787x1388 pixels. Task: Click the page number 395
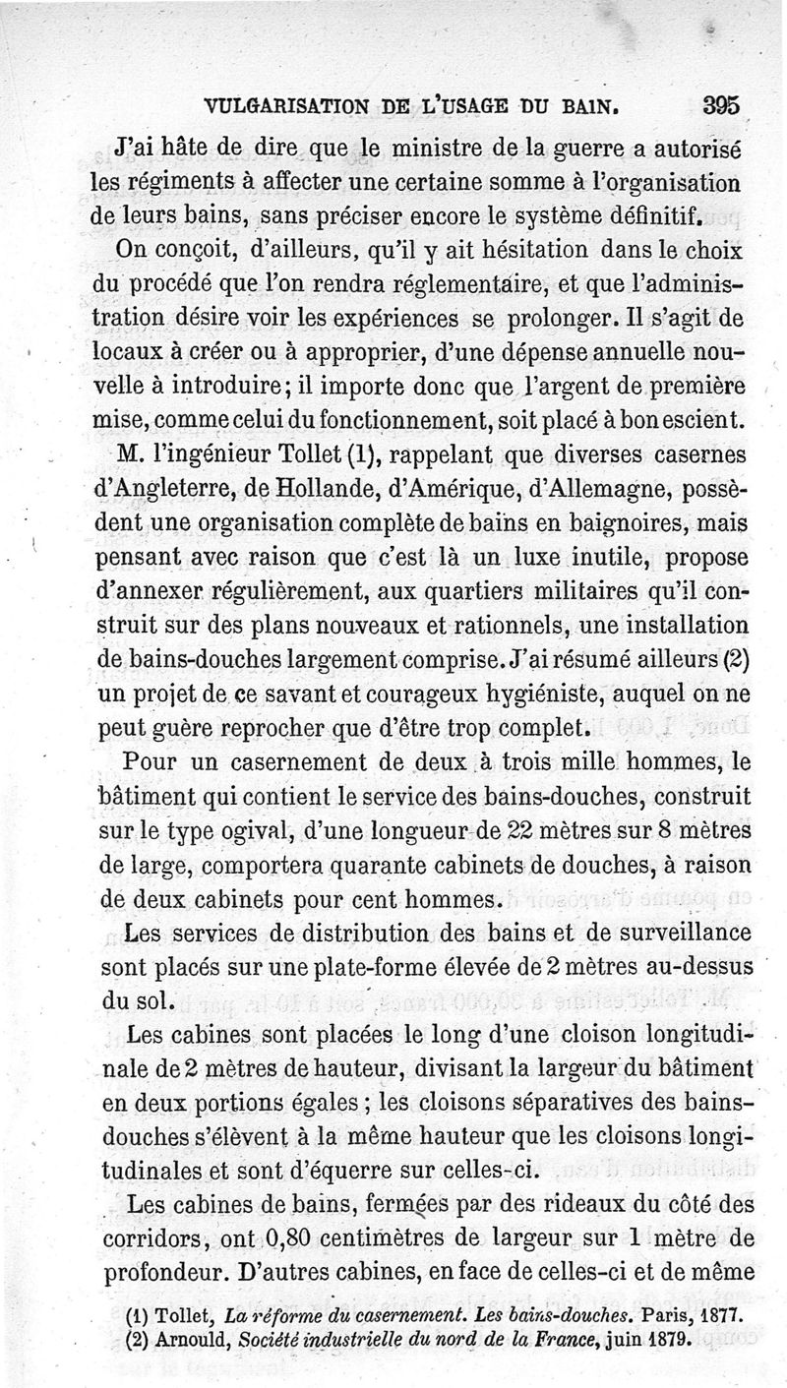click(721, 106)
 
